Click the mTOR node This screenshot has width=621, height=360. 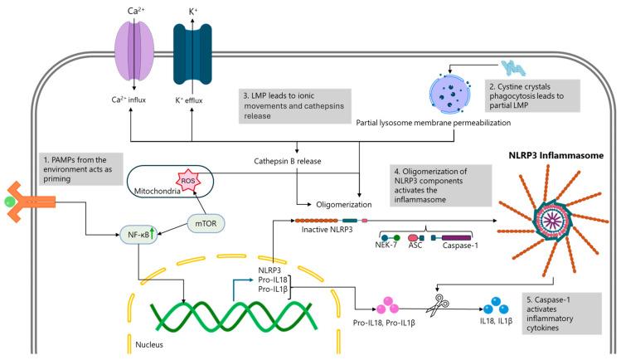click(214, 200)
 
